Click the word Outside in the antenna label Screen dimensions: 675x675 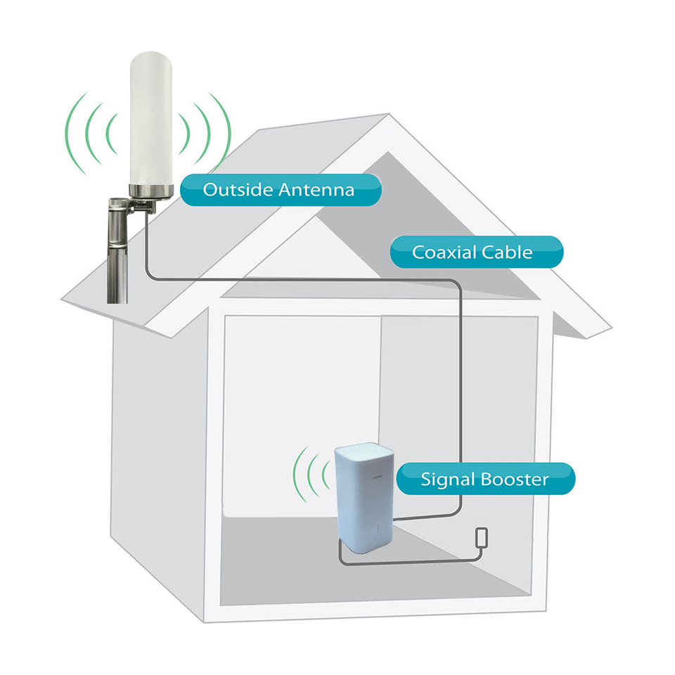click(238, 190)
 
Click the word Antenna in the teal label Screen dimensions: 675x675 click(316, 190)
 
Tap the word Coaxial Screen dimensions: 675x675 click(444, 252)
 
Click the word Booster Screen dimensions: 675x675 click(515, 479)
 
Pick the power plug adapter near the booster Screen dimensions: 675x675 click(482, 538)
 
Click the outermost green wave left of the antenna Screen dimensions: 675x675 click(72, 134)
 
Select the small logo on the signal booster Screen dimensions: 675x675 click(378, 477)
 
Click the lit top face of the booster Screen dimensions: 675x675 click(364, 450)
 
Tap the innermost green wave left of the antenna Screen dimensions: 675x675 click(110, 134)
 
